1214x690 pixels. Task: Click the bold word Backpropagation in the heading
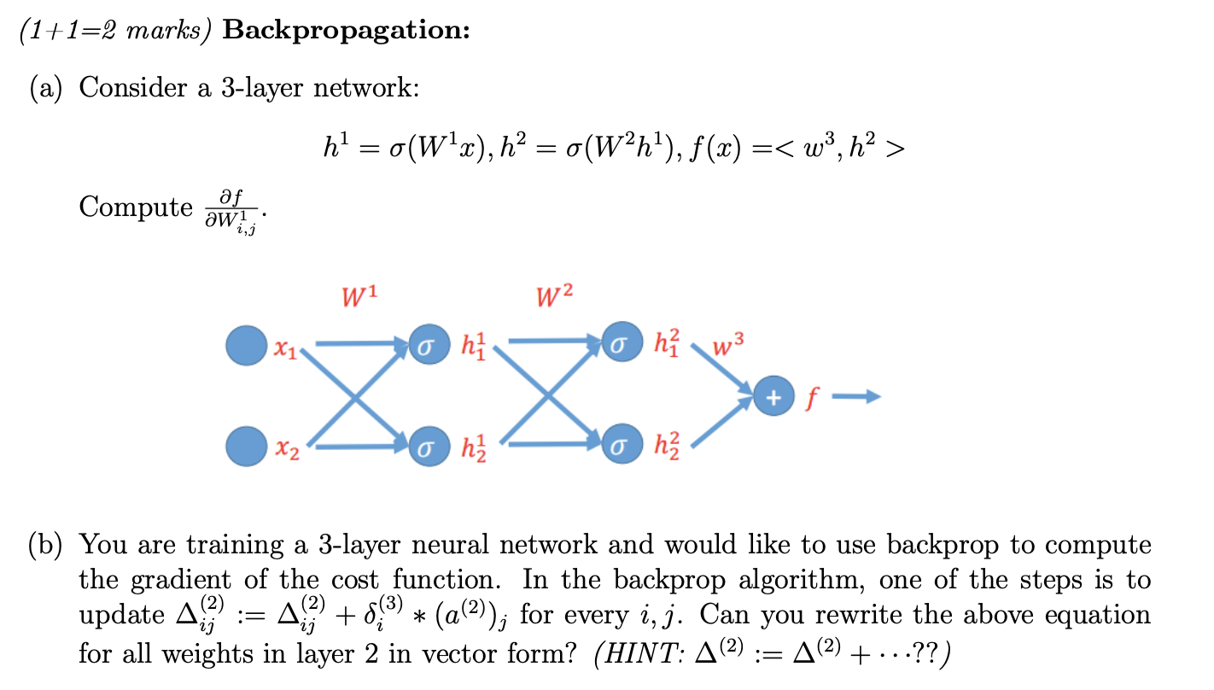[346, 31]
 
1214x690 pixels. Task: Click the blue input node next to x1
[247, 345]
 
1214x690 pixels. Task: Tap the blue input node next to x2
[247, 445]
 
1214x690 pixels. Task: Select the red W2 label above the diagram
[555, 297]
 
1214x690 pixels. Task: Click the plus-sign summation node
[773, 396]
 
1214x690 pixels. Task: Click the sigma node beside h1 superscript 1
[429, 345]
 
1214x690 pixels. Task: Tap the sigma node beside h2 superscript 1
[429, 446]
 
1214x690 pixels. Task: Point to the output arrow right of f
[856, 396]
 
